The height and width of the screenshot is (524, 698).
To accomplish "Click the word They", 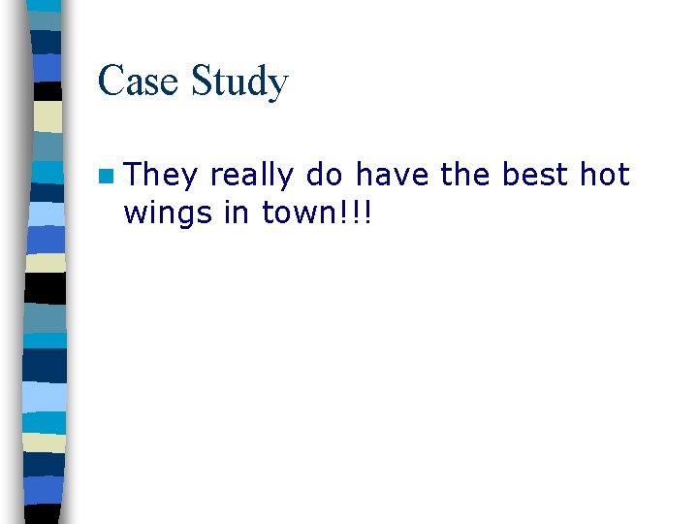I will pyautogui.click(x=161, y=176).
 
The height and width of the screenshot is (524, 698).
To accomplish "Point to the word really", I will pyautogui.click(x=251, y=176).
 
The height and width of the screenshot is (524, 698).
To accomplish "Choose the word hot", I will pyautogui.click(x=606, y=175).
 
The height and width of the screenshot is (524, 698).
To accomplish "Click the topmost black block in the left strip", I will pyautogui.click(x=47, y=92).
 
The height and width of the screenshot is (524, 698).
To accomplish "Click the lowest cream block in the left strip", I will pyautogui.click(x=45, y=442).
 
